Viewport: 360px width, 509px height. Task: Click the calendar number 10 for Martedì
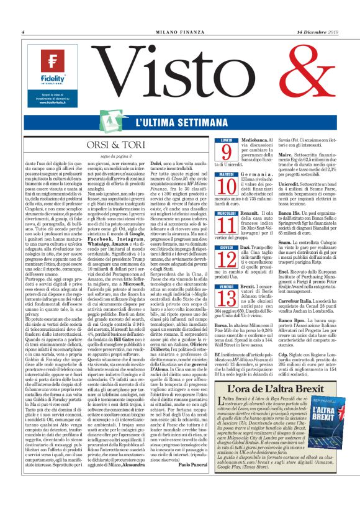point(226,186)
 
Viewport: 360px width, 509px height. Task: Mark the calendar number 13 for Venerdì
point(226,291)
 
